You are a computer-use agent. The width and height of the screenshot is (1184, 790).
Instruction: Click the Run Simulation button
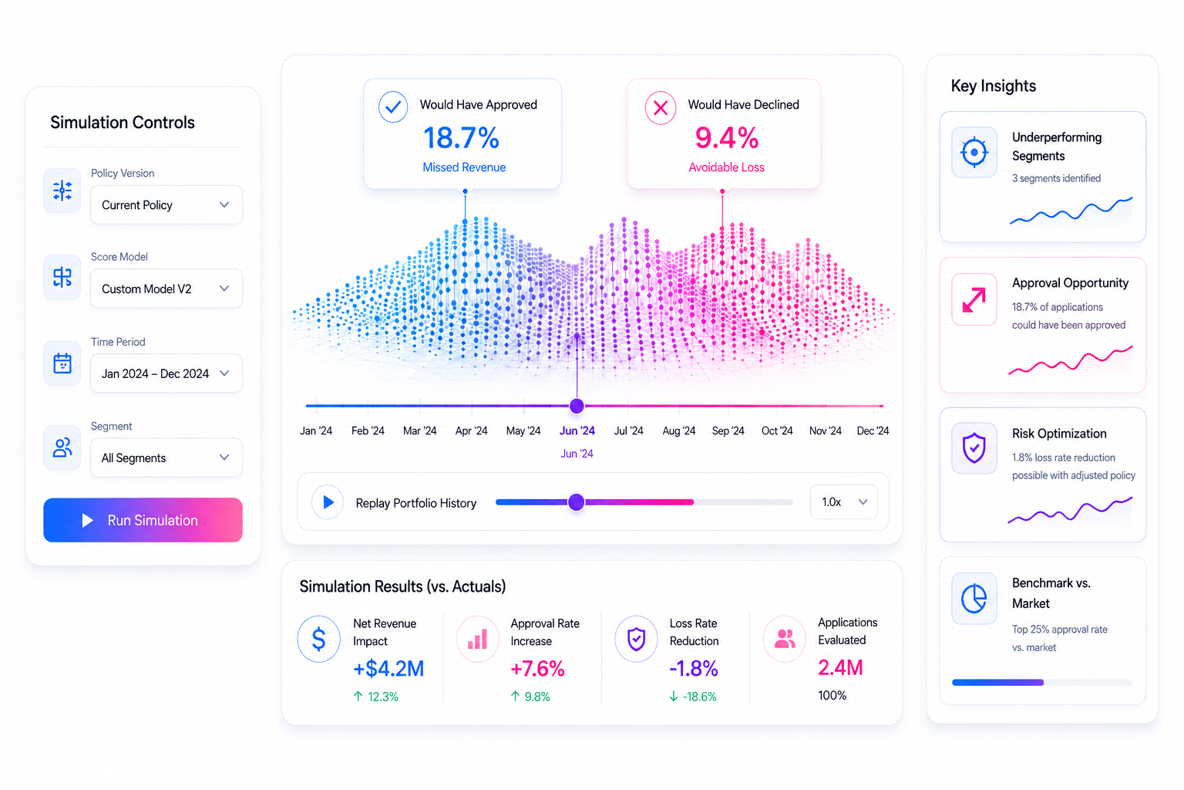tap(143, 520)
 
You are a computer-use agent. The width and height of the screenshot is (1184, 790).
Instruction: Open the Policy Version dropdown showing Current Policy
tap(166, 204)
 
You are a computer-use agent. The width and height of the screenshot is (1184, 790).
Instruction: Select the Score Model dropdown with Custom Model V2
tap(166, 289)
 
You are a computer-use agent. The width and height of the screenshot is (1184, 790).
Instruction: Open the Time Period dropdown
tap(166, 373)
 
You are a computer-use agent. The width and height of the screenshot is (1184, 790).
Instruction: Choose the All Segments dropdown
tap(166, 457)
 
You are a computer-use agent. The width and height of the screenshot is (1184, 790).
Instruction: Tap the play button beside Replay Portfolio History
tap(328, 501)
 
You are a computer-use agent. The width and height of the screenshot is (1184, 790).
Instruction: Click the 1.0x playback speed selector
tap(843, 501)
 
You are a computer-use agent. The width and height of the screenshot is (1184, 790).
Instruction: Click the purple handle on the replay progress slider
tap(576, 501)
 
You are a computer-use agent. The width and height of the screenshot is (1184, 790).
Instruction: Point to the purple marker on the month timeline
tap(577, 406)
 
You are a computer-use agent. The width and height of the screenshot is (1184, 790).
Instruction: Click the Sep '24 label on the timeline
tap(728, 430)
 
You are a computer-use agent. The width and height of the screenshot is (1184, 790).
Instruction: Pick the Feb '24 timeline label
tap(368, 430)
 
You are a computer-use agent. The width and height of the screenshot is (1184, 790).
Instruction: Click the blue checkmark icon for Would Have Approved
tap(392, 107)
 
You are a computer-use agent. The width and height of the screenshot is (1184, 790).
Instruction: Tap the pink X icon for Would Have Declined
tap(660, 108)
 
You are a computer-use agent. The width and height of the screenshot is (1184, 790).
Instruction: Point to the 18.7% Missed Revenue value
tap(462, 137)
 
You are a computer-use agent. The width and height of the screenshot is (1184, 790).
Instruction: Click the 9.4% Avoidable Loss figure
tap(727, 137)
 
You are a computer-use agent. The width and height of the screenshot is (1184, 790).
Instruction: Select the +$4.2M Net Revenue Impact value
tap(388, 668)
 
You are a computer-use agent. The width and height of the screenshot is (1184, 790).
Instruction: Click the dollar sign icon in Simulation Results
tap(318, 639)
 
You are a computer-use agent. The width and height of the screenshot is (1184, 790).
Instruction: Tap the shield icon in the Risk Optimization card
tap(974, 447)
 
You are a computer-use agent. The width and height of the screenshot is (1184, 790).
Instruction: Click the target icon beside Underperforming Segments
tap(974, 153)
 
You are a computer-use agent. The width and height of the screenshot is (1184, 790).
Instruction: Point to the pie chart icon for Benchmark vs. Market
tap(974, 599)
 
